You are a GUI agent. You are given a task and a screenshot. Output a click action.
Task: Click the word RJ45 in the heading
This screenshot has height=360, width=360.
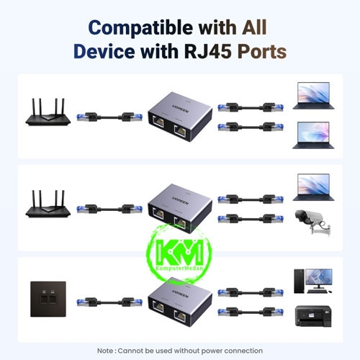[207, 51]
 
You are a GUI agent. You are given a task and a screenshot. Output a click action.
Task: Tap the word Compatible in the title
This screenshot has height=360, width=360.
[140, 27]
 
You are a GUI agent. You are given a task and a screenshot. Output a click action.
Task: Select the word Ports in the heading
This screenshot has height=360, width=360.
[262, 51]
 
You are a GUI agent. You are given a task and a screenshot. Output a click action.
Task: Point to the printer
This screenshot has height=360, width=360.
[313, 316]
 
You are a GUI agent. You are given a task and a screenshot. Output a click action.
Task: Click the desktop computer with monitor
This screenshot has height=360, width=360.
[313, 281]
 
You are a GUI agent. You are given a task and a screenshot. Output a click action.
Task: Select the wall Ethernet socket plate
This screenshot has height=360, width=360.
[48, 299]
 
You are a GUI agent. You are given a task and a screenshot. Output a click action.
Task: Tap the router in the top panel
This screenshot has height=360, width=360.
[48, 112]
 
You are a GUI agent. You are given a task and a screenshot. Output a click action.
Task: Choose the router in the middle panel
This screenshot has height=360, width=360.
[48, 204]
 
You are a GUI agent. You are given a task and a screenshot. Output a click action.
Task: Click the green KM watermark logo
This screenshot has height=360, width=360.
[179, 253]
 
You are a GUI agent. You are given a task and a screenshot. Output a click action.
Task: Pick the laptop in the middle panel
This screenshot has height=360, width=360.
[313, 187]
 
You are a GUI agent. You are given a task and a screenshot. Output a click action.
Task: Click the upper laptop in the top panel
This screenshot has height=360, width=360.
[313, 96]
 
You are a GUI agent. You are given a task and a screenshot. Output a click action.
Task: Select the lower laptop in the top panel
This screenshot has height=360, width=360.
[313, 135]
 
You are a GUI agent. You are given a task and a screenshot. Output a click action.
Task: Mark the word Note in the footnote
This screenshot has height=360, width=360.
[105, 351]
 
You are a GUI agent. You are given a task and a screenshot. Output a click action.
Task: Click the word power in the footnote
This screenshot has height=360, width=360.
[212, 351]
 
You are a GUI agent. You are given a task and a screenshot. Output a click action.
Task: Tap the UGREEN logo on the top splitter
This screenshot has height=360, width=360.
[181, 109]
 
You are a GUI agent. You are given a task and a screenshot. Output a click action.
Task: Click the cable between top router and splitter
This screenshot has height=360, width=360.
[109, 117]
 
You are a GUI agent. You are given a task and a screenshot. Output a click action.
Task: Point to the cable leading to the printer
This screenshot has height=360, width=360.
[251, 312]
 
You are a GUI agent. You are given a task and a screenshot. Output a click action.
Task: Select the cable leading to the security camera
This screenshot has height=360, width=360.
[251, 219]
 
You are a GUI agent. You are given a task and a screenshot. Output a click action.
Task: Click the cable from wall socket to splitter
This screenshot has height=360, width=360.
[109, 302]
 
